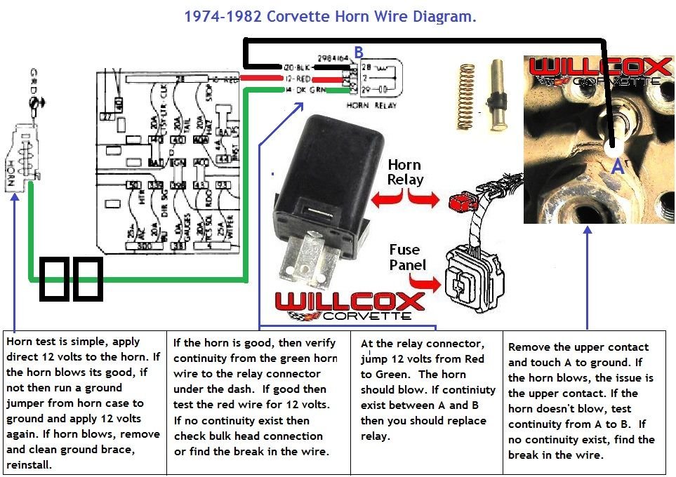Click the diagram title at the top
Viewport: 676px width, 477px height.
point(330,16)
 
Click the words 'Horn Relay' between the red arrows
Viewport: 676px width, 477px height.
point(405,173)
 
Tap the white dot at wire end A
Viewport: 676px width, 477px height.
point(613,148)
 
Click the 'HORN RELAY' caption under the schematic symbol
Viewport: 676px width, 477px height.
point(371,105)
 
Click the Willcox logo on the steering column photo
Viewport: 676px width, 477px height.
point(599,72)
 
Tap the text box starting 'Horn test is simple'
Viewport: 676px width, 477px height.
point(85,401)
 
